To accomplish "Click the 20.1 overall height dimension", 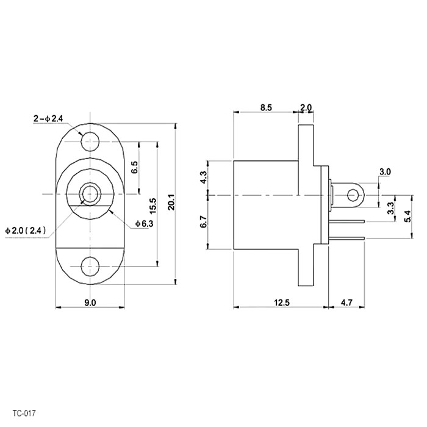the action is point(171,202).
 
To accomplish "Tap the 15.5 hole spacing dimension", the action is point(152,206).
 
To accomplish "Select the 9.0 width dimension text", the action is point(90,303).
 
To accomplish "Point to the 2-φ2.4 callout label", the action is point(48,118).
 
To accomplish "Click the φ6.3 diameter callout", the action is point(145,224).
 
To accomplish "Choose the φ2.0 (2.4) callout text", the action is point(26,231).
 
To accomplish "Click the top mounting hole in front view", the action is point(90,142).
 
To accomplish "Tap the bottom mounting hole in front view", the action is point(90,266).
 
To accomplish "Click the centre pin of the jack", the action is point(90,194).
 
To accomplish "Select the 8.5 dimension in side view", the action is point(266,107).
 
